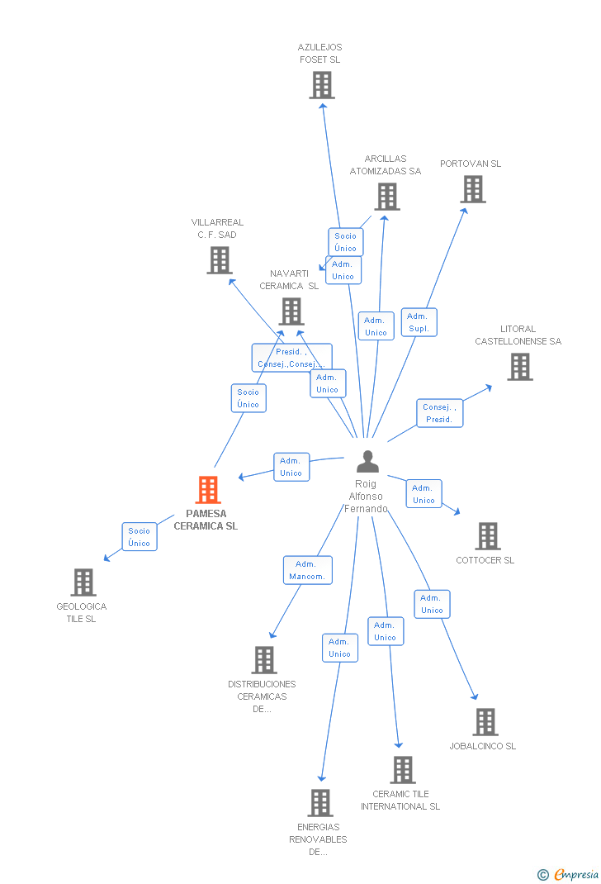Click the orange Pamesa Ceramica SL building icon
(x=207, y=490)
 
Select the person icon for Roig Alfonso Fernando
(x=367, y=462)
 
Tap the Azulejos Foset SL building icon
(x=322, y=85)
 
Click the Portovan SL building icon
(x=473, y=189)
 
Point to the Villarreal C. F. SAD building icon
(x=219, y=260)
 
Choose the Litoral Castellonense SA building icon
(x=519, y=367)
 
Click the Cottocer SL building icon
(x=488, y=536)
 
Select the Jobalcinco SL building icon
(x=485, y=722)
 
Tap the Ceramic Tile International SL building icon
(x=403, y=770)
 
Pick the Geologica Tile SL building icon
(x=83, y=582)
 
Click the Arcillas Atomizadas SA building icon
(x=387, y=197)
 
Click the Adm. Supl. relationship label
(x=419, y=322)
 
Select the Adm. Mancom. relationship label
(x=308, y=570)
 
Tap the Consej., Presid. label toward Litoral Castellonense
(x=439, y=413)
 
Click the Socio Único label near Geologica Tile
(x=139, y=537)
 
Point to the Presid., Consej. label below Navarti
(x=291, y=358)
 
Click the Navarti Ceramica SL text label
(x=289, y=280)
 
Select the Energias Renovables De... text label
(x=319, y=839)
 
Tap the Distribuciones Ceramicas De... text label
(x=262, y=696)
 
